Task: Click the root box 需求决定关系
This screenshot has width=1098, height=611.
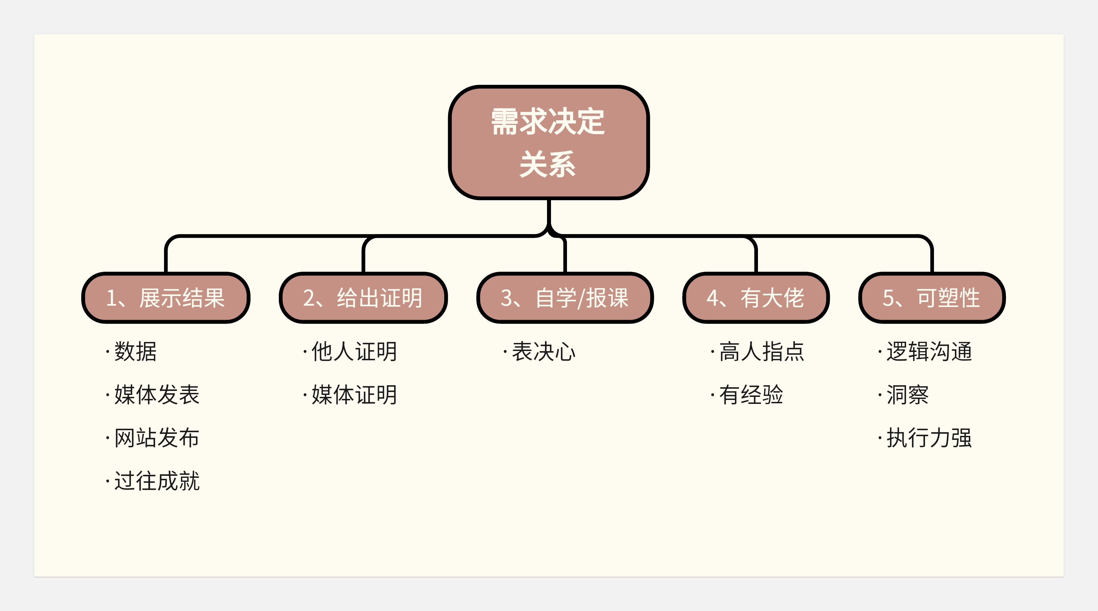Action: (x=549, y=143)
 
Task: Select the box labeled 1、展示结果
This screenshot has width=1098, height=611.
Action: (x=165, y=298)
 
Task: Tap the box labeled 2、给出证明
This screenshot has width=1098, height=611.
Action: (x=363, y=298)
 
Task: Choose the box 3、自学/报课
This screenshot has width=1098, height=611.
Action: (x=565, y=298)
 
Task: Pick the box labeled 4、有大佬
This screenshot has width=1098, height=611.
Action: (x=756, y=298)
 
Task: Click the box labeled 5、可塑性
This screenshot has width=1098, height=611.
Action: (x=932, y=298)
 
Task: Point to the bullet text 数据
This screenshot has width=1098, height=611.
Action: (x=135, y=352)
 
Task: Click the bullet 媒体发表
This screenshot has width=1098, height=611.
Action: (x=156, y=395)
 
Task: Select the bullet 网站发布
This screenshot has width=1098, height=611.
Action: (x=156, y=438)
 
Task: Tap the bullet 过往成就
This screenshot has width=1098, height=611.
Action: (x=156, y=481)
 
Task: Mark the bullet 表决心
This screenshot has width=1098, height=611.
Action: (x=543, y=352)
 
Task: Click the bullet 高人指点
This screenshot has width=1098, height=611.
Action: (x=761, y=352)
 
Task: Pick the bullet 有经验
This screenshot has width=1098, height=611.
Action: (x=751, y=395)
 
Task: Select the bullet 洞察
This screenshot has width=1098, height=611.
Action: (x=907, y=395)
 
